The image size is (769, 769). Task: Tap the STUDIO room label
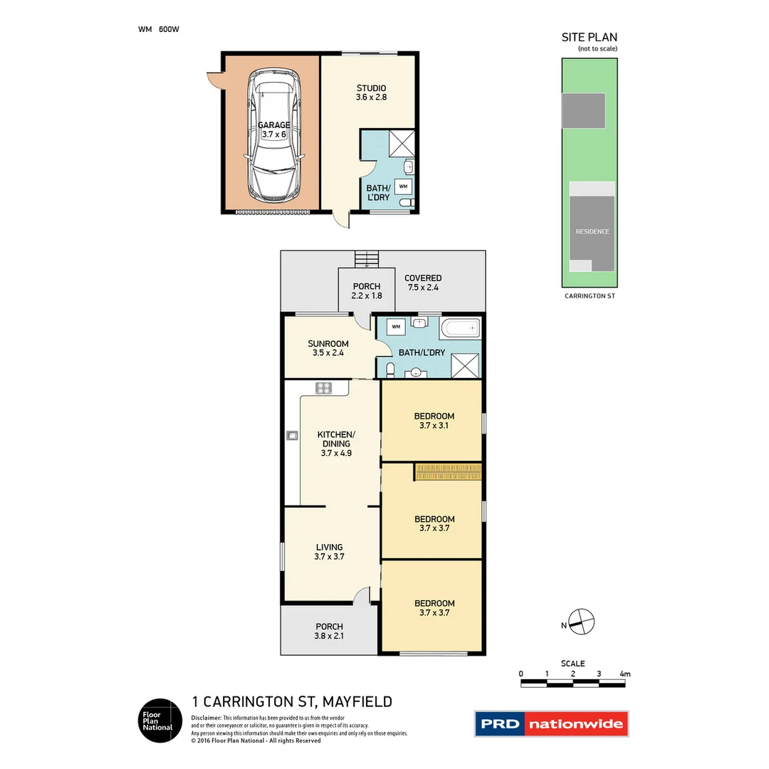pyautogui.click(x=371, y=88)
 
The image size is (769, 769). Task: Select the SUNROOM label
pyautogui.click(x=328, y=343)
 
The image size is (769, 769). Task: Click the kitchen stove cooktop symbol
pyautogui.click(x=324, y=388)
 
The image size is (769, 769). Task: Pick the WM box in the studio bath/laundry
pyautogui.click(x=403, y=186)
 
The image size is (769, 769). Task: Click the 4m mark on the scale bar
pyautogui.click(x=625, y=674)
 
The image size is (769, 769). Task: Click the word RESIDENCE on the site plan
pyautogui.click(x=592, y=231)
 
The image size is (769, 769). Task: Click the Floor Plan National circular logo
pyautogui.click(x=159, y=721)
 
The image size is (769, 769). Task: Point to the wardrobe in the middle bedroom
pyautogui.click(x=449, y=471)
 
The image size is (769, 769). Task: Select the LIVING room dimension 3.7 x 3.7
pyautogui.click(x=329, y=557)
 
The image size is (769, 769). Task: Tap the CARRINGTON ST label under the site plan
pyautogui.click(x=589, y=295)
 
